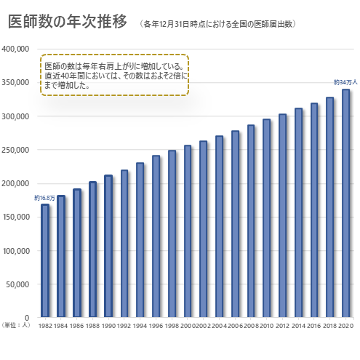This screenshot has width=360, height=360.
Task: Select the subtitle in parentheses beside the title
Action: pyautogui.click(x=218, y=24)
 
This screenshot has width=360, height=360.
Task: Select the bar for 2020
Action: pyautogui.click(x=345, y=204)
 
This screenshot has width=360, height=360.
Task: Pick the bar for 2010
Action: pyautogui.click(x=266, y=218)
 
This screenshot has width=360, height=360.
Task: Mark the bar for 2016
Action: pyautogui.click(x=314, y=210)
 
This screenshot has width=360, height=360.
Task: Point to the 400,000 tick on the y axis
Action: pyautogui.click(x=15, y=49)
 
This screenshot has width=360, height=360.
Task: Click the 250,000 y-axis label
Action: pyautogui.click(x=15, y=150)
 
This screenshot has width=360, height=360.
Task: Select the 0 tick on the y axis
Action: pyautogui.click(x=26, y=318)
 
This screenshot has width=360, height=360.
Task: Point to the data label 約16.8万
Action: pyautogui.click(x=44, y=198)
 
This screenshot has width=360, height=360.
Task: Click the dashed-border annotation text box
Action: pyautogui.click(x=115, y=74)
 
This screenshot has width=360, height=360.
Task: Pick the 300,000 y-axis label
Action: pyautogui.click(x=15, y=116)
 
